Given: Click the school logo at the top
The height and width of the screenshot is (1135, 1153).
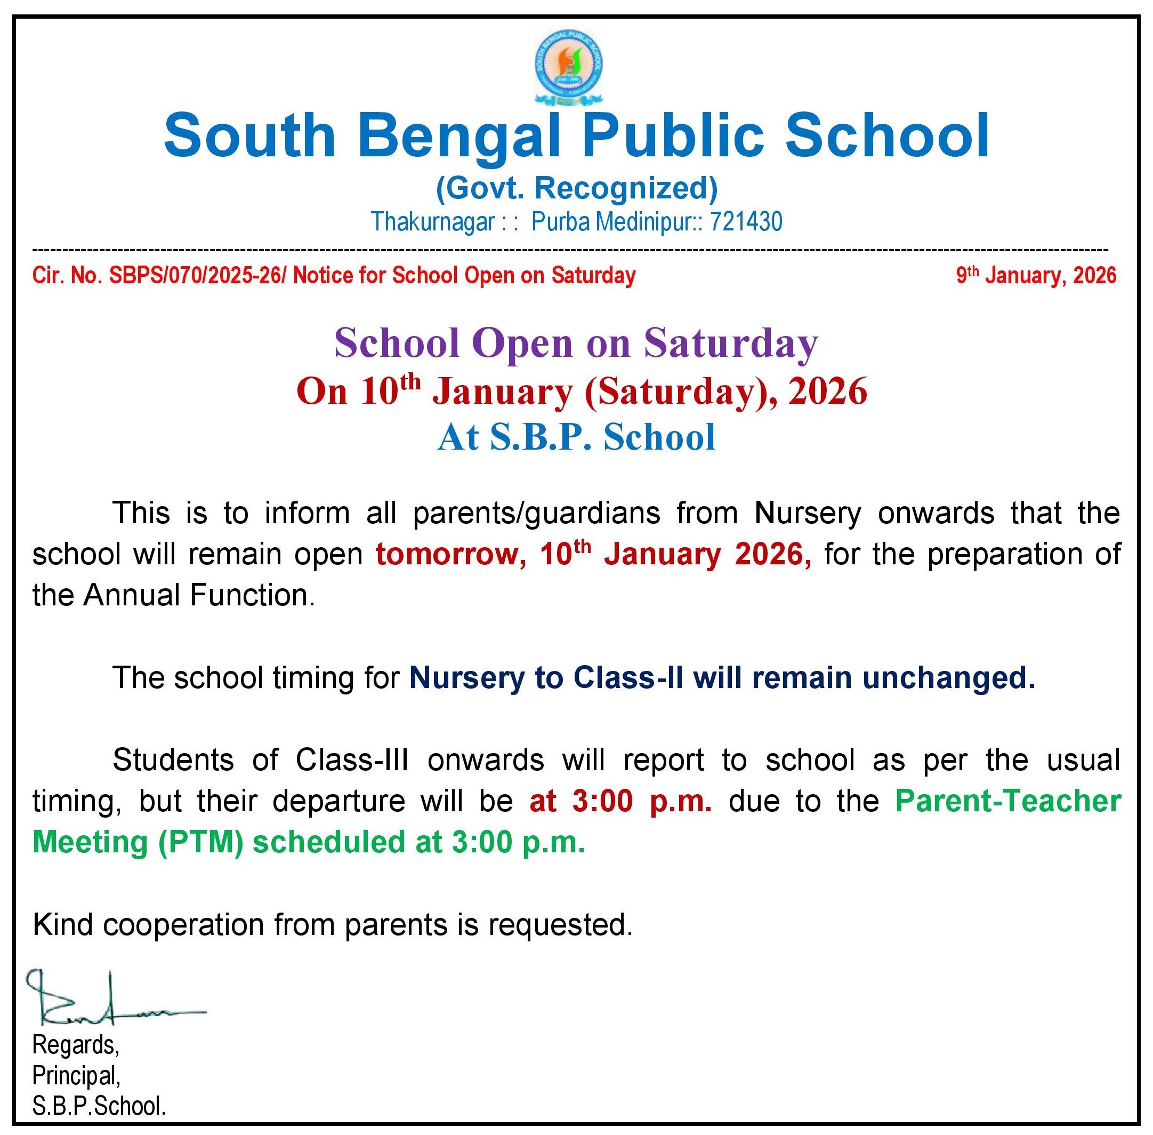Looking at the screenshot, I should pyautogui.click(x=568, y=66).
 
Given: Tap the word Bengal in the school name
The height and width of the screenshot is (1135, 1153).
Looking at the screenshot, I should pyautogui.click(x=458, y=137).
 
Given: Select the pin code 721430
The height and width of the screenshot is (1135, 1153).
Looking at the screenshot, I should pyautogui.click(x=746, y=222).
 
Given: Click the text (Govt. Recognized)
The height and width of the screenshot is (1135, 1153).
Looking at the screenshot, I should pyautogui.click(x=576, y=188).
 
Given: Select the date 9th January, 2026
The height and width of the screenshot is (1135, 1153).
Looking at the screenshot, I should pyautogui.click(x=1036, y=275).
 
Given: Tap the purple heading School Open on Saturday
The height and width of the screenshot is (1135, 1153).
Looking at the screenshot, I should pyautogui.click(x=576, y=343).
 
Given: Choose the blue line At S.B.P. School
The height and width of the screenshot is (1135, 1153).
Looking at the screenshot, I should pyautogui.click(x=576, y=437).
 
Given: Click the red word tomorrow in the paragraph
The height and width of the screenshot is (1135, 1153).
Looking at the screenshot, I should pyautogui.click(x=450, y=554).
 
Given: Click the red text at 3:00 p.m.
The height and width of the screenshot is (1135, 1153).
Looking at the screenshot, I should pyautogui.click(x=620, y=801).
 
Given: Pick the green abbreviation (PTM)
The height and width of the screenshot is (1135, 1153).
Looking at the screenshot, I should pyautogui.click(x=200, y=842).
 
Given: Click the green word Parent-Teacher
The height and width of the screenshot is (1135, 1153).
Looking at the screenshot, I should pyautogui.click(x=1008, y=801).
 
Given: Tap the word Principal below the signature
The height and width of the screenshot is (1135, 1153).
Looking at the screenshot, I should pyautogui.click(x=75, y=1075).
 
